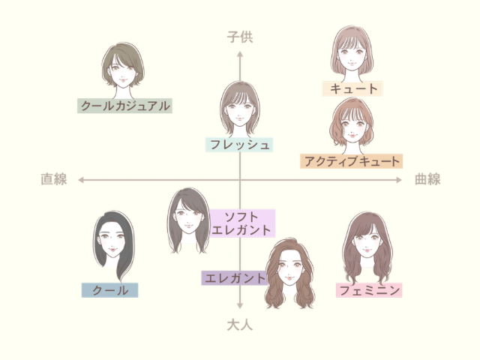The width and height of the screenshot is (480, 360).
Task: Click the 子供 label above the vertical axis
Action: (x=240, y=37)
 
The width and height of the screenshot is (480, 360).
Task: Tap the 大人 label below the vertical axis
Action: (x=240, y=325)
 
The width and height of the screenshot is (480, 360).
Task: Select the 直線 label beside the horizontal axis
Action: (x=54, y=179)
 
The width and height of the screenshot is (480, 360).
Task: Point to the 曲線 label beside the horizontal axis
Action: (x=427, y=179)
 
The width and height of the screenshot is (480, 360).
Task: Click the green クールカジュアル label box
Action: (x=125, y=106)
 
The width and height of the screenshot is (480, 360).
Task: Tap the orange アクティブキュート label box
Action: (x=352, y=160)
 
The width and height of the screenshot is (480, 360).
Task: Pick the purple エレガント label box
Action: (x=235, y=277)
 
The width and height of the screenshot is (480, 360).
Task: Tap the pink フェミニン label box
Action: (x=369, y=290)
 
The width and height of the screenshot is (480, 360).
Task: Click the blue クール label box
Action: (x=110, y=290)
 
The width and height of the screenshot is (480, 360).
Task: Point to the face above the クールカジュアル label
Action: (x=122, y=69)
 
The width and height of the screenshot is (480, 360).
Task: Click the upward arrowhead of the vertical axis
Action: (x=240, y=54)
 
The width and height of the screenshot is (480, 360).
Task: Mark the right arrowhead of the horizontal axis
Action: (x=400, y=180)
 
